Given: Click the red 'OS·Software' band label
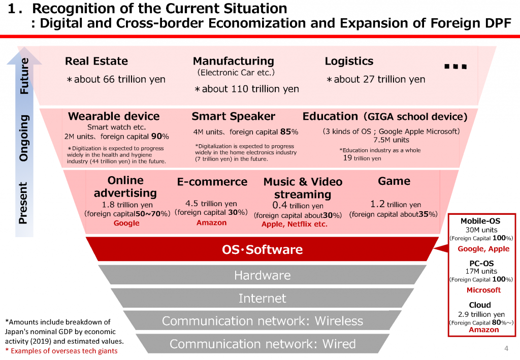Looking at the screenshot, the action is point(262,249).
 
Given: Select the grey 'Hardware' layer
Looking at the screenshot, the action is point(263,275).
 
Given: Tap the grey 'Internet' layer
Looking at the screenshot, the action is point(263,298).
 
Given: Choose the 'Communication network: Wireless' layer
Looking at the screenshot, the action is point(263,320).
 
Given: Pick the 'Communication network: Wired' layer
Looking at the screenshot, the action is point(263,344).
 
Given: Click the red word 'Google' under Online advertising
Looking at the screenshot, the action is point(126,223).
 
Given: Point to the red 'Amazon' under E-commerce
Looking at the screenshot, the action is point(211,222).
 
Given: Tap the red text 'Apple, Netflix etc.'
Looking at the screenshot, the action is point(294,224).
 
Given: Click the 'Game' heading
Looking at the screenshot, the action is point(394,181).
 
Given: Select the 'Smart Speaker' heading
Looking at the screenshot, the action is point(233,116).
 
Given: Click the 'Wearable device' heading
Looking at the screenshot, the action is point(114,116).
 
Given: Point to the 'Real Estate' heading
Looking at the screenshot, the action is point(96,61).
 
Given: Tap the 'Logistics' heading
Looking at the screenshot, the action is point(349,61).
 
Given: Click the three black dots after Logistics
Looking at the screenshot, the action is point(456,67).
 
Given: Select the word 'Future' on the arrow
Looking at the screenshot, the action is point(24,76).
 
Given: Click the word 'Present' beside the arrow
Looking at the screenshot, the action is point(23,203).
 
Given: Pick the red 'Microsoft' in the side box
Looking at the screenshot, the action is point(483,290).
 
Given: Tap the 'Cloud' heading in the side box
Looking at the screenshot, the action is point(479,305).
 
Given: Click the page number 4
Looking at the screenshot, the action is point(506,348).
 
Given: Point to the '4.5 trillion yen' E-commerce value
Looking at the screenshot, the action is point(211,204).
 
